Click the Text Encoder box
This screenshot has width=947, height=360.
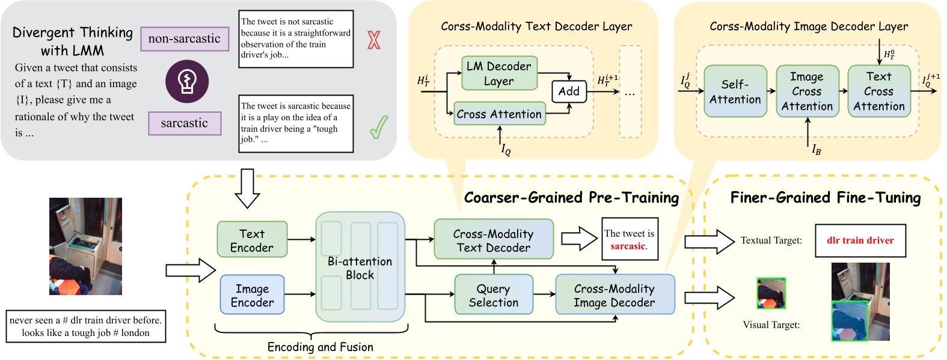point(252,239)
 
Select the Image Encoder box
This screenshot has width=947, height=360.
point(252,294)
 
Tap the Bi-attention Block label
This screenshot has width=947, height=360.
point(360,268)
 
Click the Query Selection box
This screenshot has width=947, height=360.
point(494,294)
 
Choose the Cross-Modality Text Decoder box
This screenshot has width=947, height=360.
point(494,239)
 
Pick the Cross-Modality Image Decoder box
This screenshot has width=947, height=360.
point(614,294)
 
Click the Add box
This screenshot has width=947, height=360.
point(569,91)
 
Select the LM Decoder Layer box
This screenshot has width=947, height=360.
point(499,73)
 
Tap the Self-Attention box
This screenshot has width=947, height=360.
point(735,91)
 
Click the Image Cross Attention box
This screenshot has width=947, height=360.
point(807,91)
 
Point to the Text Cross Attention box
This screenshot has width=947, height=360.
point(879,91)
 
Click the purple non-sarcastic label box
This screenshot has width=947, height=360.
point(185,39)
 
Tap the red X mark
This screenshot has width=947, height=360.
point(374,40)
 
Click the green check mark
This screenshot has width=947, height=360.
point(379,127)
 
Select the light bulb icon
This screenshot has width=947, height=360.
point(187,81)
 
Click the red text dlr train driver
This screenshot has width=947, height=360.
point(860,240)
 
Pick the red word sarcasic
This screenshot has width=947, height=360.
point(628,246)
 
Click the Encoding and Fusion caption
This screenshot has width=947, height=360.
point(320,347)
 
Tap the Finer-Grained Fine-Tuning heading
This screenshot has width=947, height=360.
point(826,197)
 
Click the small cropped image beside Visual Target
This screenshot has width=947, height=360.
point(771,293)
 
